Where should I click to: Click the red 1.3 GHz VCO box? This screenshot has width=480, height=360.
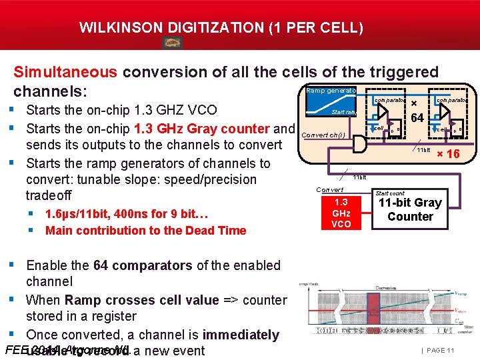tap(341, 213)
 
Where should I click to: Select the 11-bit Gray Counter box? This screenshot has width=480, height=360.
tap(410, 209)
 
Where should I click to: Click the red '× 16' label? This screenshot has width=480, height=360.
tap(447, 155)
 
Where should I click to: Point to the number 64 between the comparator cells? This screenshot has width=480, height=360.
tap(417, 119)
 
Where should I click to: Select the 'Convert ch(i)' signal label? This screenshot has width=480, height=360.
tap(323, 135)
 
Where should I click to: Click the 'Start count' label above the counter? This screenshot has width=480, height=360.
tap(390, 193)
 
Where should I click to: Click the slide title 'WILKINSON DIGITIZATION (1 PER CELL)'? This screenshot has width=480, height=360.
tap(221, 28)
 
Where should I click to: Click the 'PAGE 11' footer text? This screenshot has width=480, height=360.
tap(438, 350)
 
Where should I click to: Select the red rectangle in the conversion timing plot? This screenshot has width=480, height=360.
tap(373, 313)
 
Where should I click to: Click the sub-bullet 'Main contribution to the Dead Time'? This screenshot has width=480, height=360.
tap(145, 231)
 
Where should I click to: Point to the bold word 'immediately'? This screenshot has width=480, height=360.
tap(241, 335)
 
